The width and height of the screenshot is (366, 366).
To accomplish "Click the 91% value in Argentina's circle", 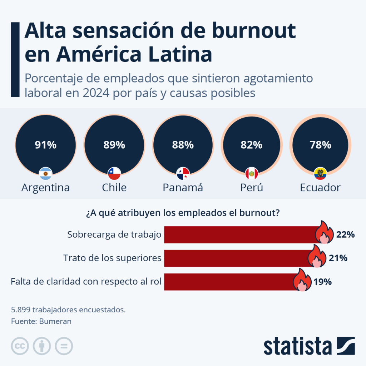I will [45, 145].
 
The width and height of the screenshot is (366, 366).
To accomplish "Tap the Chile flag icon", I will [114, 174].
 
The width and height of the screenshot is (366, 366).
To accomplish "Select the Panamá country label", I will [183, 187].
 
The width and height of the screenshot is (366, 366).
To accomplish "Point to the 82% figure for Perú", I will [251, 145].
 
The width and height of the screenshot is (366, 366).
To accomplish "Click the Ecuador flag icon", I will [320, 174].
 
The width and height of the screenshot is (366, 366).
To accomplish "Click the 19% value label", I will [323, 282].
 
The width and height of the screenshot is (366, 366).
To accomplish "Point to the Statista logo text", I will [297, 346].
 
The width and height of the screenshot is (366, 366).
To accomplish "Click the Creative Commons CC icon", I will [20, 346].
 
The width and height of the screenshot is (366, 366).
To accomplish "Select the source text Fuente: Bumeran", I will [41, 321].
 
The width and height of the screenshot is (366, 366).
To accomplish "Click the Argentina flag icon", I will [45, 174].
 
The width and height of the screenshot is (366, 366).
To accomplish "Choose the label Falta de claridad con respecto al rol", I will [86, 282].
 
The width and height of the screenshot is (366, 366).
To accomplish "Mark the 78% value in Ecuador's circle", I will [320, 145].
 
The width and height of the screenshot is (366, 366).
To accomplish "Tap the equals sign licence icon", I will [64, 346].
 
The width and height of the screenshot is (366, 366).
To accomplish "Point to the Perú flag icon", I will [251, 174].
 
